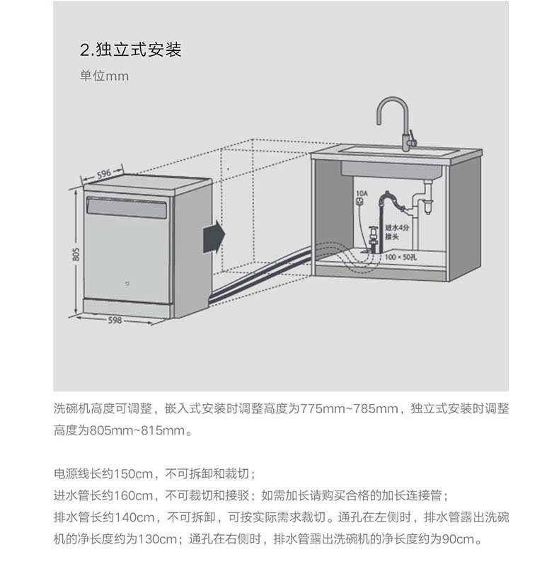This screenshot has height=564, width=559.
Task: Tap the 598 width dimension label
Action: pyautogui.click(x=115, y=320)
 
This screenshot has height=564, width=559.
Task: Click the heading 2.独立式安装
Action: pyautogui.click(x=131, y=50)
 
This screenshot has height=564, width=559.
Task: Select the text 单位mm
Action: pyautogui.click(x=104, y=76)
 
